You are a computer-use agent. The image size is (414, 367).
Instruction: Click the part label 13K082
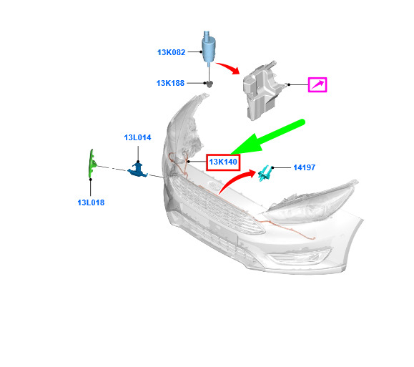pyautogui.click(x=171, y=52)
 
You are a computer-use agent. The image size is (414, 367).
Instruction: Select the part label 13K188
pyautogui.click(x=170, y=83)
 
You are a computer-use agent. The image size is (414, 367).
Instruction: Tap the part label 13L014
pyautogui.click(x=137, y=137)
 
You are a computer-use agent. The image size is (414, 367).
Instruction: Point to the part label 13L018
pyautogui.click(x=91, y=202)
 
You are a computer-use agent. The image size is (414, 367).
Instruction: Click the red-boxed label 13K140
pyautogui.click(x=223, y=162)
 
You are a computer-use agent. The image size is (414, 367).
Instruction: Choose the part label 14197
pyautogui.click(x=304, y=167)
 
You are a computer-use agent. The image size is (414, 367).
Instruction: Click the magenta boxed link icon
pyautogui.click(x=317, y=85)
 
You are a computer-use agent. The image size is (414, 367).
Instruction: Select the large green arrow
pyautogui.click(x=267, y=137)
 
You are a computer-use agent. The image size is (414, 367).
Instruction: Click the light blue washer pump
pyautogui.click(x=209, y=47)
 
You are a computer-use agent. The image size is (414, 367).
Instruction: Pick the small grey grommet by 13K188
pyautogui.click(x=209, y=84)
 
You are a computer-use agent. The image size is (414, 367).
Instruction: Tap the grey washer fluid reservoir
pyautogui.click(x=262, y=91)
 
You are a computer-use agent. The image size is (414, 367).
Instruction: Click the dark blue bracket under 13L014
pyautogui.click(x=137, y=170)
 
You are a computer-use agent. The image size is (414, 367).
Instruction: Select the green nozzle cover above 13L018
pyautogui.click(x=92, y=163)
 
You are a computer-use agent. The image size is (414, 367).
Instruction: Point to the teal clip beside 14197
pyautogui.click(x=265, y=173)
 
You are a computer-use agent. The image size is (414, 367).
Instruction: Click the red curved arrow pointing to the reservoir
pyautogui.click(x=228, y=68)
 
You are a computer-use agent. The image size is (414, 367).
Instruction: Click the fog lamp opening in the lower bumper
pyautogui.click(x=300, y=255)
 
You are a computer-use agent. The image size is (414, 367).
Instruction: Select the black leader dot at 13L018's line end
pyautogui.click(x=91, y=180)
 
